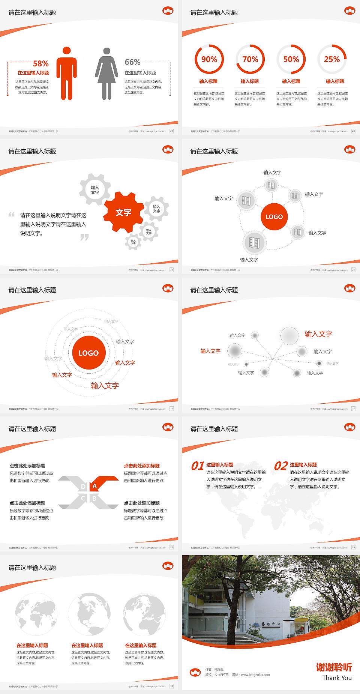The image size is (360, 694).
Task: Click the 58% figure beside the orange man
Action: [40, 63]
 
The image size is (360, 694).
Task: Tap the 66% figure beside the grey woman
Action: [132, 62]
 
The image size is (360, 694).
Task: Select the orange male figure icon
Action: [67, 74]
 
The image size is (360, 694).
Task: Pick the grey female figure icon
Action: [106, 74]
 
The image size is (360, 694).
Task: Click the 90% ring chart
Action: [209, 59]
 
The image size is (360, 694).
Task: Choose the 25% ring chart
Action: [332, 59]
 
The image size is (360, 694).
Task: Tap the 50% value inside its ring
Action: [291, 59]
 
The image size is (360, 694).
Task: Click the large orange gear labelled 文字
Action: [123, 212]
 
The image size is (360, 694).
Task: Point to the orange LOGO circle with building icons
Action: [274, 217]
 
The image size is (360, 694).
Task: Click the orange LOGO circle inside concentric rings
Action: [88, 353]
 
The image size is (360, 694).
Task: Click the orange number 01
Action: [198, 466]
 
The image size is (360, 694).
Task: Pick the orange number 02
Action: [281, 466]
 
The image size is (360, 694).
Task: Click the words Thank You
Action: [337, 678]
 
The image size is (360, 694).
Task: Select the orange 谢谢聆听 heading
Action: [334, 667]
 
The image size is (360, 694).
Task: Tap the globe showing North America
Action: [89, 614]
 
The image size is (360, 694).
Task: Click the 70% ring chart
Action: [250, 59]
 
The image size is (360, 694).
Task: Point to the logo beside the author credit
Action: [195, 672]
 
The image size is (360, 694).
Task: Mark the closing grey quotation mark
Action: [85, 237]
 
